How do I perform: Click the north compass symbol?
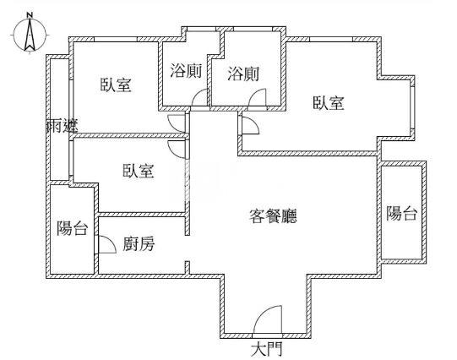pos(30,35)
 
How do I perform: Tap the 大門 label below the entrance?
pos(267,349)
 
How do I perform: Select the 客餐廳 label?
pos(273,216)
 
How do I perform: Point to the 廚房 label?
pos(139,243)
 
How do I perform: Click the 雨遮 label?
pos(62,127)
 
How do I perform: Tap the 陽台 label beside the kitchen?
pos(72,228)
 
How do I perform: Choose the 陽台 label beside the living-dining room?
pos(401,213)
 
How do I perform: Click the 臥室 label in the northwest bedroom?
pos(116,85)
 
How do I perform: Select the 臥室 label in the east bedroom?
pos(329,103)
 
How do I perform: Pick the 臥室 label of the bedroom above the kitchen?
pos(138,171)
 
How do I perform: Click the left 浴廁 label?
pos(186,71)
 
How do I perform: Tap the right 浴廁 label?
pos(243,74)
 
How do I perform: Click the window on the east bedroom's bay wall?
pos(412,107)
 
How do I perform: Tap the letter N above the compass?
pos(30,15)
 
